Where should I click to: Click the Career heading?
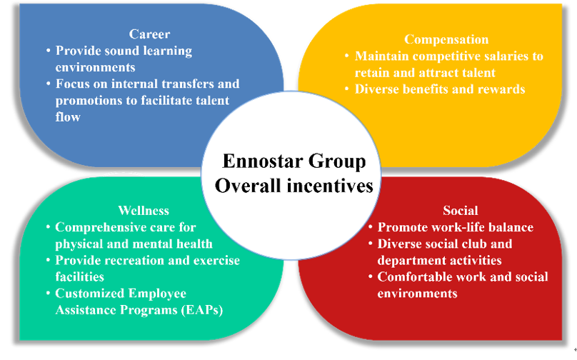(149, 34)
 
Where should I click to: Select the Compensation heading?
(446, 40)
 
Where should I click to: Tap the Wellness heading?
(144, 211)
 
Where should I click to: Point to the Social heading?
(461, 211)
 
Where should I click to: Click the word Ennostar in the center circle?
(263, 161)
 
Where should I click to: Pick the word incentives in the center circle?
(330, 186)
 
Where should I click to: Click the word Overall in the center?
(248, 186)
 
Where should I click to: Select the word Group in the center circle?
(337, 162)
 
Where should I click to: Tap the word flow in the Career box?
(68, 117)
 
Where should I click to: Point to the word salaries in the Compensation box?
(502, 56)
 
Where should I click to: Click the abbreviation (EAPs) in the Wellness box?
(202, 310)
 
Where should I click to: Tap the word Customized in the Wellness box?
(89, 294)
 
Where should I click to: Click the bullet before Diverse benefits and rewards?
(346, 89)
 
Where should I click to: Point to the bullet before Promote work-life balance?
(371, 227)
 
